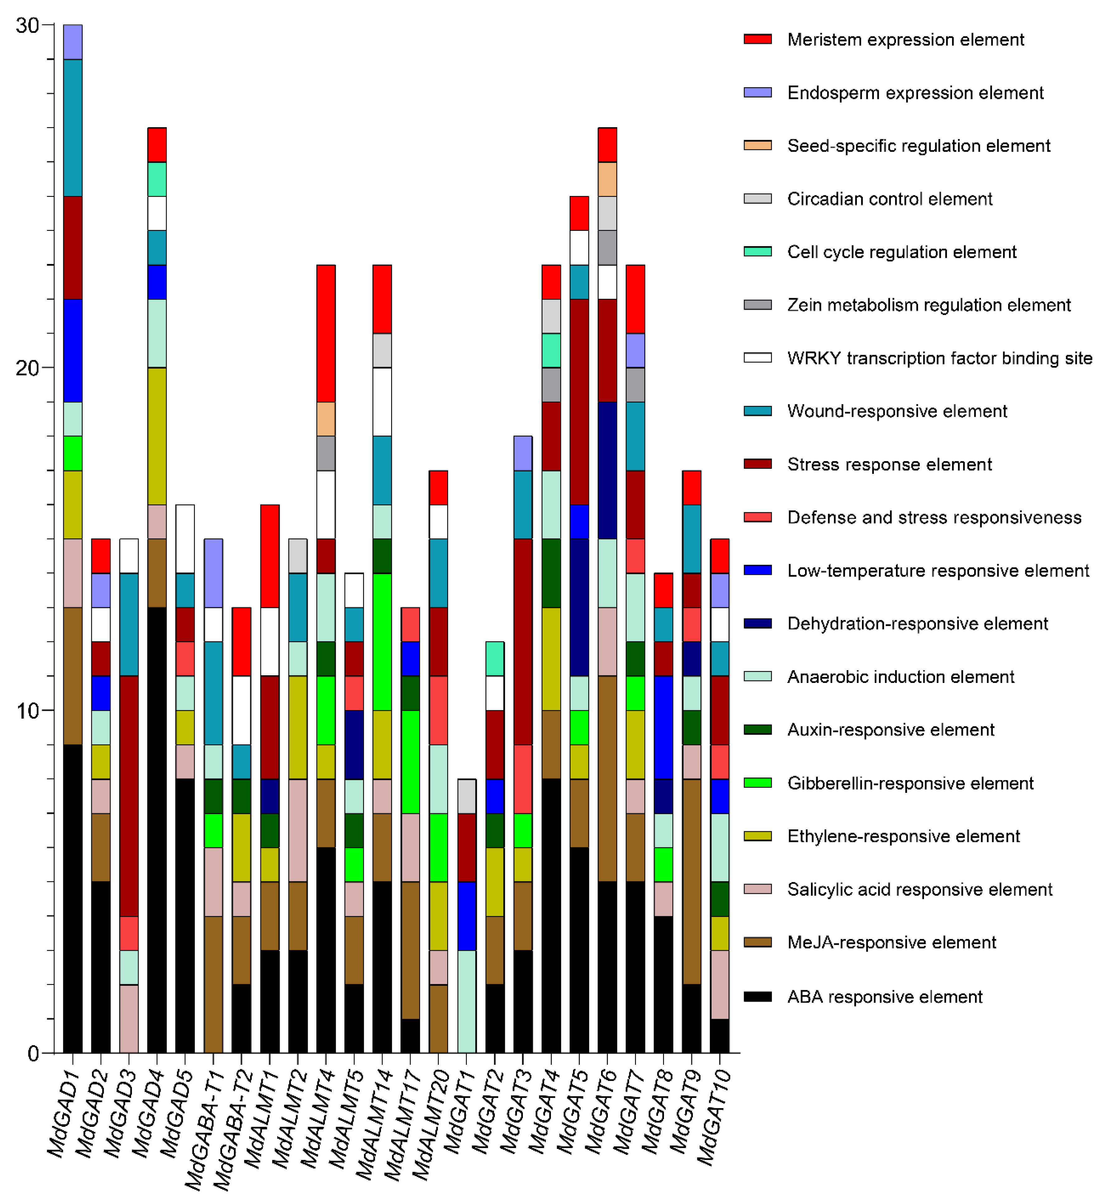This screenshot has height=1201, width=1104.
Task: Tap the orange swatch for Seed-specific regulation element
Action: point(757,146)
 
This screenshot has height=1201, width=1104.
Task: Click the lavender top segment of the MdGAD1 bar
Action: point(73,42)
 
